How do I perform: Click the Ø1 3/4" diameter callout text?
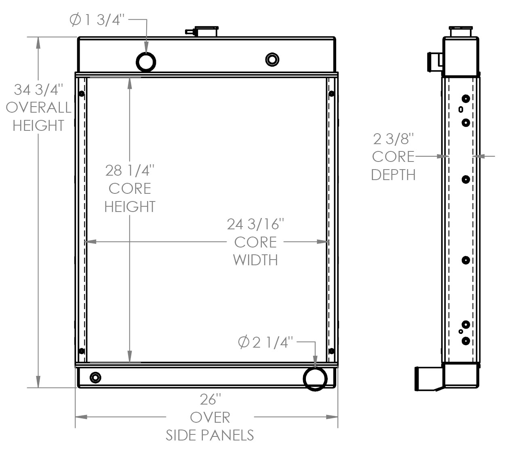[96, 20]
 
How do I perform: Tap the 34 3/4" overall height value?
[39, 90]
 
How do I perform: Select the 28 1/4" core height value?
[130, 170]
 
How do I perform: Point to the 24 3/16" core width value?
[256, 224]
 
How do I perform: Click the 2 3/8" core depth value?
[393, 139]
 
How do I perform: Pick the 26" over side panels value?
[211, 399]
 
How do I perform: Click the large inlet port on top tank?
[146, 61]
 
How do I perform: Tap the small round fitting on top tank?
[272, 59]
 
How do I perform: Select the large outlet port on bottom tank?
[315, 378]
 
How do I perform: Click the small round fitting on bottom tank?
[95, 378]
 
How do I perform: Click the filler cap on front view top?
[206, 31]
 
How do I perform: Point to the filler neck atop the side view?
[461, 31]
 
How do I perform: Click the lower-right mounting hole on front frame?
[331, 350]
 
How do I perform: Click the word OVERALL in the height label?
[39, 107]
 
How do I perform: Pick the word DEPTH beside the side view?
[393, 174]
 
